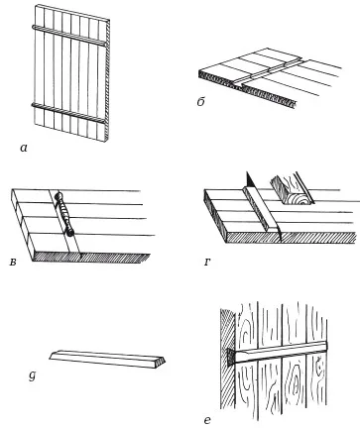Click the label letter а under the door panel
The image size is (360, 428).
pos(23,149)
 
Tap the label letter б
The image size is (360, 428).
pos(201,102)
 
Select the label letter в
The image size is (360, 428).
pos(13,264)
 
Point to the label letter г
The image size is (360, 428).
pos(206,263)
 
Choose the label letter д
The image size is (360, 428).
pos(32,376)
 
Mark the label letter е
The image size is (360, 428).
pos(207,420)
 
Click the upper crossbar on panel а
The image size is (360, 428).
pos(69,35)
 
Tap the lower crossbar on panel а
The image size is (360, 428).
pos(69,113)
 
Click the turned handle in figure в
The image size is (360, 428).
pos(63,213)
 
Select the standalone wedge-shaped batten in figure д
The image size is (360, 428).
pos(107,359)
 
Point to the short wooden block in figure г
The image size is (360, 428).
pos(291,189)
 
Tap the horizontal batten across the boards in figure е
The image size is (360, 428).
pos(281,353)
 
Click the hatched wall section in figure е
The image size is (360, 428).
pos(228,360)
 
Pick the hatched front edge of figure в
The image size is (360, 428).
pos(91,258)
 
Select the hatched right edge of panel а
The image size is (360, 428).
pos(108,81)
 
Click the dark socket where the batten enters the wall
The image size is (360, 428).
pos(230,357)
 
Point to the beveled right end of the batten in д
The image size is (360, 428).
pos(161,363)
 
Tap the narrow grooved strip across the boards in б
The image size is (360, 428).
pos(270,70)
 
